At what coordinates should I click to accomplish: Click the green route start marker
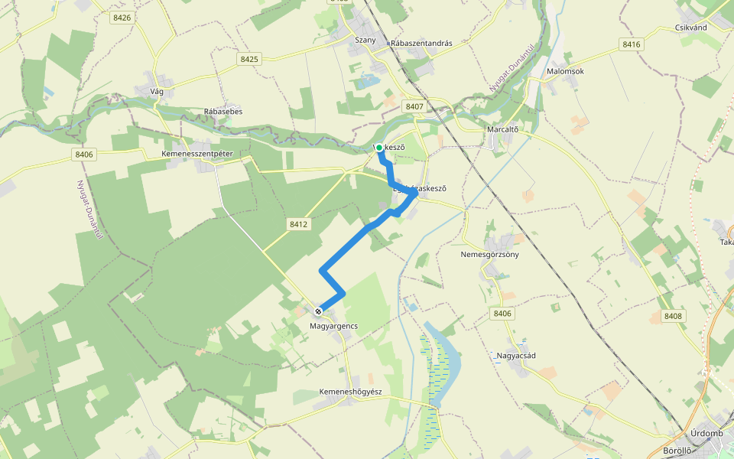point(379,148)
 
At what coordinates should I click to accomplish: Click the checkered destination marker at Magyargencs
point(318,311)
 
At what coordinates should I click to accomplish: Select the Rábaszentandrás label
point(421,44)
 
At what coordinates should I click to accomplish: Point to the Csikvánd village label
point(691,27)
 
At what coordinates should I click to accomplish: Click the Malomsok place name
point(566,71)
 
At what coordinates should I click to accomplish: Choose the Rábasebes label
point(223,112)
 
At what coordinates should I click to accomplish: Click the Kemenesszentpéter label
point(197,154)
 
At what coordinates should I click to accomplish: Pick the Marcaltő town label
point(503,129)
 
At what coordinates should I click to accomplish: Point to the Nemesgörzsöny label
point(490,254)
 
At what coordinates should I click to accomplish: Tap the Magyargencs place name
point(333,326)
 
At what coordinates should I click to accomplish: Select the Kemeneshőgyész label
point(349,392)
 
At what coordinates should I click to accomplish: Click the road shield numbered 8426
point(122,17)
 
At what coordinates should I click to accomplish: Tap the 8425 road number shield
point(249,58)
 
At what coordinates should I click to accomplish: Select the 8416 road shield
point(631,44)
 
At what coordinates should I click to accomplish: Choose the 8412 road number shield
point(299,224)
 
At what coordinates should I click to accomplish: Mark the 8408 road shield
point(673,316)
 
